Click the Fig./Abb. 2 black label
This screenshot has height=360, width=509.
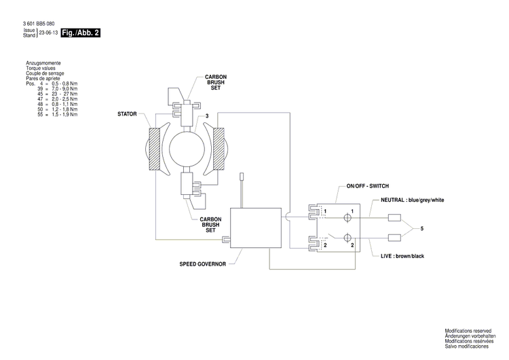pos(80,33)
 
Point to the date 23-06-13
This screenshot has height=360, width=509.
pos(48,33)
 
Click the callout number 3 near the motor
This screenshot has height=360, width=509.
pos(206,117)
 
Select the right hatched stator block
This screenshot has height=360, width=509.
pos(219,148)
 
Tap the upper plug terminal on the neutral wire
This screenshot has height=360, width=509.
pos(395,219)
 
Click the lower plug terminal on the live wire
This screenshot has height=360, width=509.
pos(395,238)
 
